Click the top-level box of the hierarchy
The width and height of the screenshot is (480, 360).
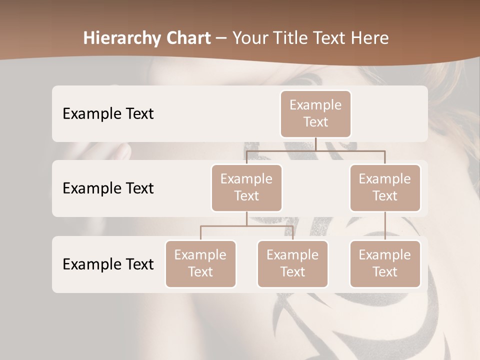[315, 113]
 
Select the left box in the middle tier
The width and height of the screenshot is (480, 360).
[246, 187]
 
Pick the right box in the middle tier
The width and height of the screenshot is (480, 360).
[385, 187]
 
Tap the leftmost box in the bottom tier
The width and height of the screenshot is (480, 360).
[200, 263]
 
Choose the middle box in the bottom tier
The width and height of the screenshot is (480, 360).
[292, 263]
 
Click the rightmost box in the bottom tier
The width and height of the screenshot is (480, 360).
[385, 263]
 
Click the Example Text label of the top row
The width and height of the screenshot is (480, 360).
[108, 113]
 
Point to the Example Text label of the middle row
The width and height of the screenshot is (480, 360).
[108, 188]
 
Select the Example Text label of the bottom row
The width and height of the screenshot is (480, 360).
[108, 264]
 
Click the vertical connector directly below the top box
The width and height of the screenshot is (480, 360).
[315, 144]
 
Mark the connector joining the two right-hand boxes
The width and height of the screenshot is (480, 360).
[385, 226]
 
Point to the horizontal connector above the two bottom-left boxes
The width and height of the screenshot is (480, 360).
[246, 226]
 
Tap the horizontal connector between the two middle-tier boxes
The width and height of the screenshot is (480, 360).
[315, 150]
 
